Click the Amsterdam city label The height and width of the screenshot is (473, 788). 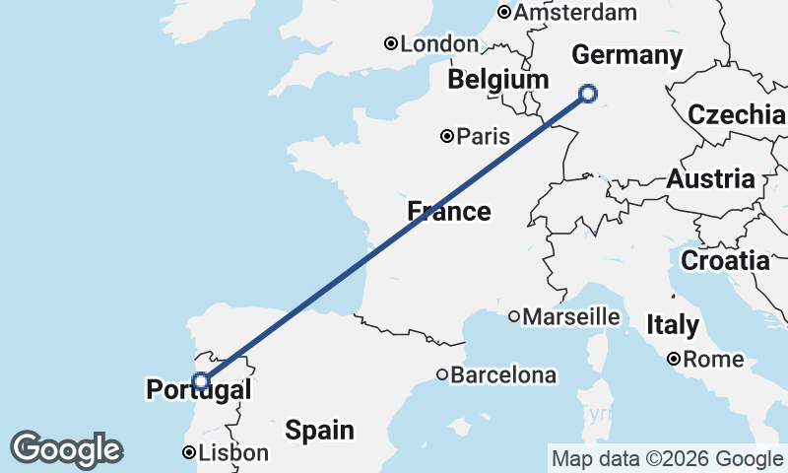pyautogui.click(x=576, y=13)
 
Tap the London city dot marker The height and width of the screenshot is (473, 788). pyautogui.click(x=391, y=43)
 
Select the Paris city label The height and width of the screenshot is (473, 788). pyautogui.click(x=484, y=136)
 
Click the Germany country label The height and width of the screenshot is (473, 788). pyautogui.click(x=626, y=54)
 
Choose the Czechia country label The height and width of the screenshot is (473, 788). pyautogui.click(x=737, y=114)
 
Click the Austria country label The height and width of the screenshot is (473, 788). pyautogui.click(x=711, y=179)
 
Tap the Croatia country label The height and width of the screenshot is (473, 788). pyautogui.click(x=725, y=261)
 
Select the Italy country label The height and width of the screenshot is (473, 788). pyautogui.click(x=673, y=324)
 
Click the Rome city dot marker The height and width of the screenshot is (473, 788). pyautogui.click(x=674, y=360)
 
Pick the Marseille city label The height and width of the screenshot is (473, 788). pyautogui.click(x=571, y=317)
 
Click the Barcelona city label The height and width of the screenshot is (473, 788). pyautogui.click(x=504, y=375)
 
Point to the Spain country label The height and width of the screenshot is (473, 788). pyautogui.click(x=319, y=430)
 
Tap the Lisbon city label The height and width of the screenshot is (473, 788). pyautogui.click(x=233, y=453)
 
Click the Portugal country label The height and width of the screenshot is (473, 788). pyautogui.click(x=198, y=390)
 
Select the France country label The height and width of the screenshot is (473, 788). pyautogui.click(x=449, y=211)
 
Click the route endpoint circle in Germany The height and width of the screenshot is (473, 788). pyautogui.click(x=588, y=94)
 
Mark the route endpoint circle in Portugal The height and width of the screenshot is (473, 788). pyautogui.click(x=201, y=381)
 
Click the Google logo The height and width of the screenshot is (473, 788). pyautogui.click(x=66, y=449)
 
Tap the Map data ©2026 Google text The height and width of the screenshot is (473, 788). pyautogui.click(x=667, y=458)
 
